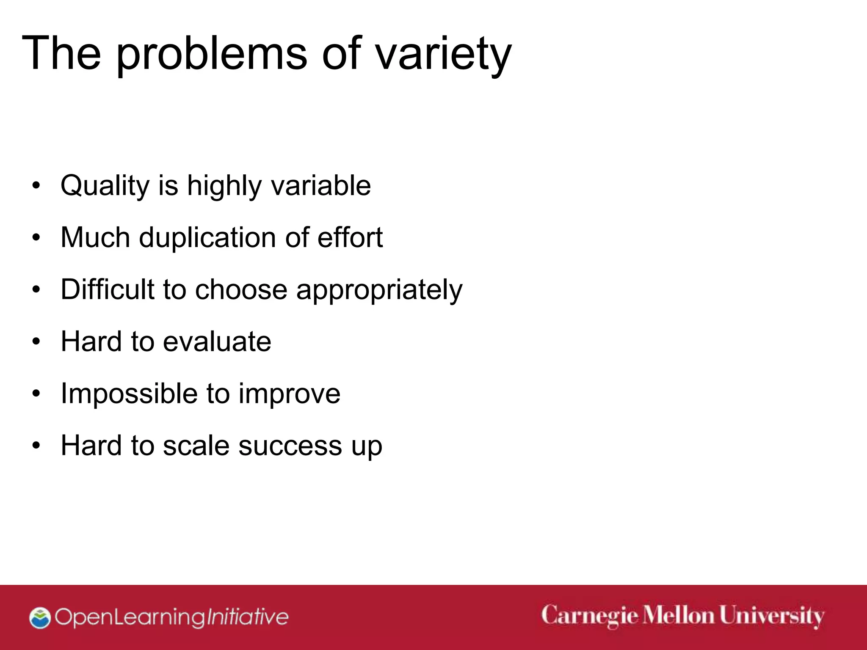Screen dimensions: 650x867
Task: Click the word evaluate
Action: [217, 342]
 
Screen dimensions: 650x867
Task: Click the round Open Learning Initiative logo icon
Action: [40, 618]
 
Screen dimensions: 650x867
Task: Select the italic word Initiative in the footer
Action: [247, 617]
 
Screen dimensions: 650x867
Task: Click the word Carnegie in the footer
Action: [589, 616]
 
